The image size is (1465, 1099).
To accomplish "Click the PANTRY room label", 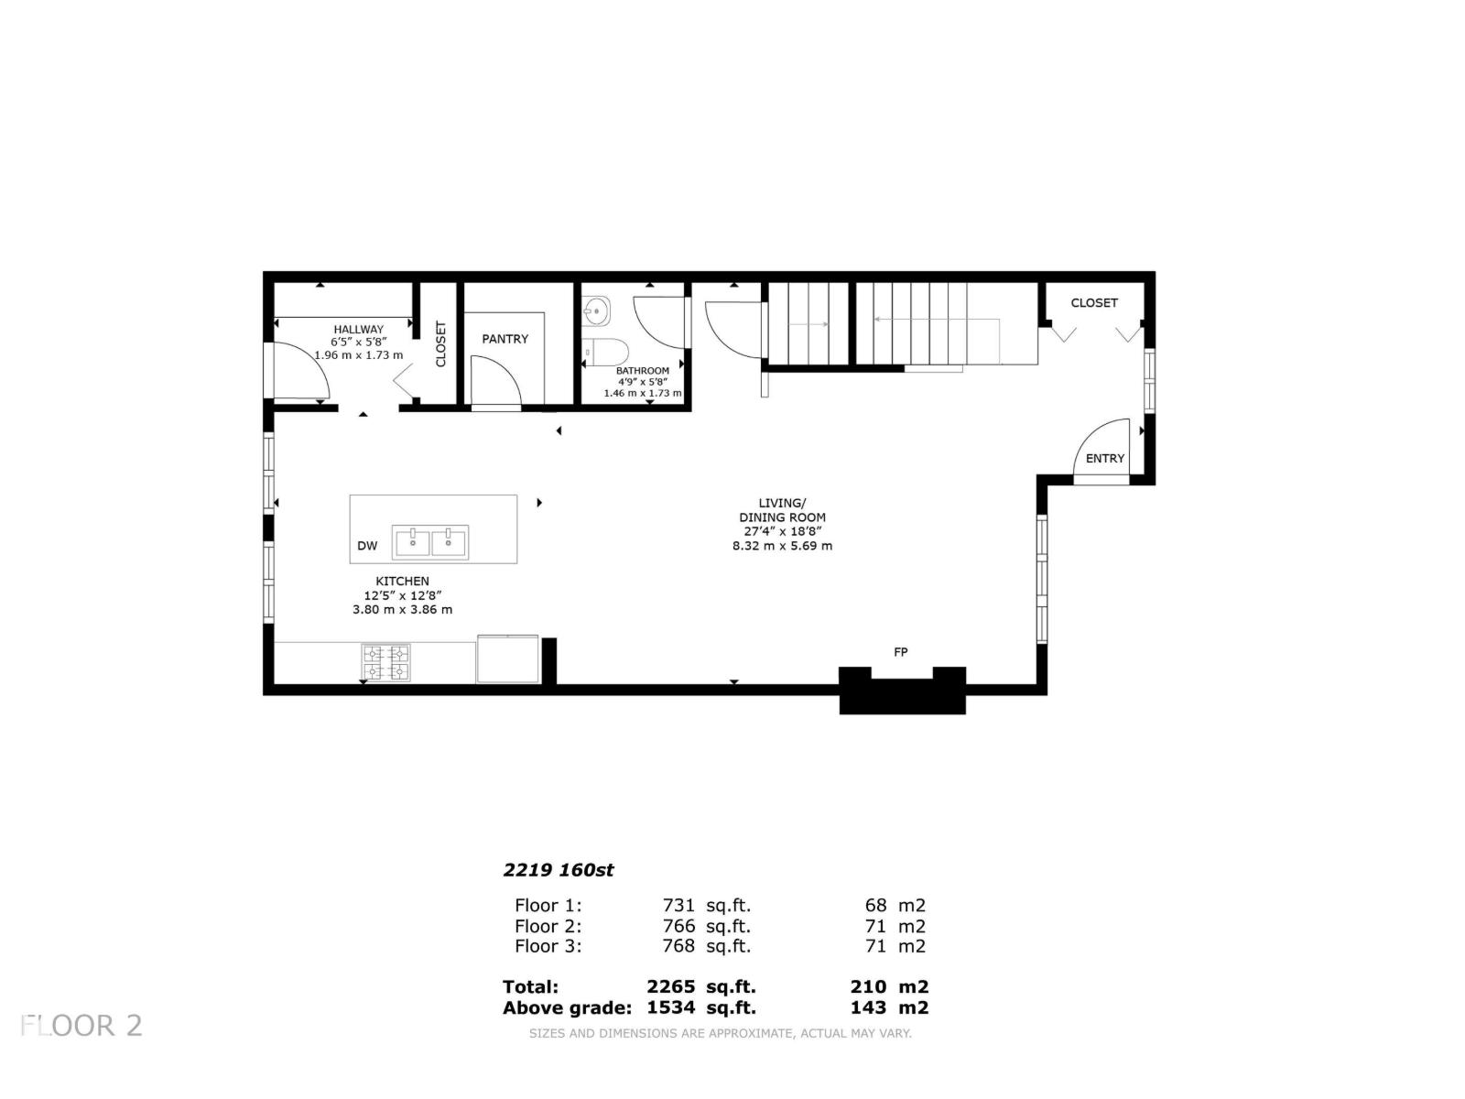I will (x=505, y=339).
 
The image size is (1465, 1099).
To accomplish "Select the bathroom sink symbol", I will (x=596, y=310).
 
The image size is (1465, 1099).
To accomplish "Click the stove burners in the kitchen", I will (x=385, y=663).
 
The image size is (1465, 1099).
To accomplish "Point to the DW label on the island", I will (x=367, y=546).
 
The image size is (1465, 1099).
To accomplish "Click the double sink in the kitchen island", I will (x=430, y=541).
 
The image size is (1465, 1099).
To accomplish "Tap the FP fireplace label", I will (x=901, y=652).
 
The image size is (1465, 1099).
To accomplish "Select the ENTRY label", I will (x=1104, y=459).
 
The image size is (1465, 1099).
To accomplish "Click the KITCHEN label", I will (x=402, y=582).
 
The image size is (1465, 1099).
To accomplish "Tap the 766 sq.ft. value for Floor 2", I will (x=706, y=926).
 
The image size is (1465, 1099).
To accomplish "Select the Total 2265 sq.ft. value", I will (x=700, y=987).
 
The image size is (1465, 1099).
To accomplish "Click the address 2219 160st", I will (x=559, y=870).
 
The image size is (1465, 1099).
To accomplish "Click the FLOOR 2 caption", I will (x=82, y=1025).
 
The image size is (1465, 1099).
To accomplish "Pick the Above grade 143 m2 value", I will (x=888, y=1007).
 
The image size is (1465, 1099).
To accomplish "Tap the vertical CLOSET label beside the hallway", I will (x=440, y=343).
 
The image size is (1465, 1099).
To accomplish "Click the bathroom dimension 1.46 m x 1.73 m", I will (x=642, y=393).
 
